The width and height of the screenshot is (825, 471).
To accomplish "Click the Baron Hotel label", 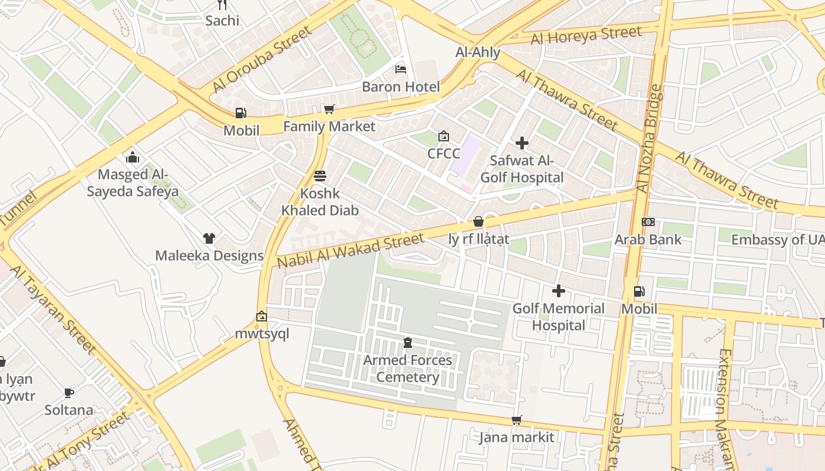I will point(401,87).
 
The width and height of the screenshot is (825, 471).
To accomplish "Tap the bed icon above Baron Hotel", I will point(401,69).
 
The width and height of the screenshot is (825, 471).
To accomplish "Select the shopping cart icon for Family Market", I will point(329,109).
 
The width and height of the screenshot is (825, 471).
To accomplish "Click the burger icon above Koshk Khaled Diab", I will point(320,176).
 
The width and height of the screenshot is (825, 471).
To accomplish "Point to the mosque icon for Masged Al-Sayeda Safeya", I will point(133,157).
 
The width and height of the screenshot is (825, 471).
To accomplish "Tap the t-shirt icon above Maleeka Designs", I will point(209,238).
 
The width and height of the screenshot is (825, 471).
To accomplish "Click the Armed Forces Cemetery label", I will point(407,369).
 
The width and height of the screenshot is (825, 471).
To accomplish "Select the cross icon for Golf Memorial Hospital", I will point(558,291).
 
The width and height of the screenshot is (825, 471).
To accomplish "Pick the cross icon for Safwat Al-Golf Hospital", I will point(522,143).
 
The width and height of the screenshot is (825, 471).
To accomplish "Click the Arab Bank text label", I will point(648,240).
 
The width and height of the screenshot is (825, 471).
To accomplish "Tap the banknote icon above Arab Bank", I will point(648,222).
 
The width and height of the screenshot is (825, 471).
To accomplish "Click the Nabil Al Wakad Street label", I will point(350,251).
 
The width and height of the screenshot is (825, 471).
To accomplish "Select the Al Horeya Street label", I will point(586,35).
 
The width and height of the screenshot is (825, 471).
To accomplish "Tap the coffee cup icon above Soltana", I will point(69,393).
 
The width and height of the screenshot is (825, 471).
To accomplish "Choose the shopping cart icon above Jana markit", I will point(517,420).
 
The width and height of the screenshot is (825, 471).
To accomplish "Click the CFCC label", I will point(444,154).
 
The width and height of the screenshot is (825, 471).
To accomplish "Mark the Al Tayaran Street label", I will point(53,310).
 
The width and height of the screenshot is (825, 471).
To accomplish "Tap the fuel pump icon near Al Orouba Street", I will point(240,113).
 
